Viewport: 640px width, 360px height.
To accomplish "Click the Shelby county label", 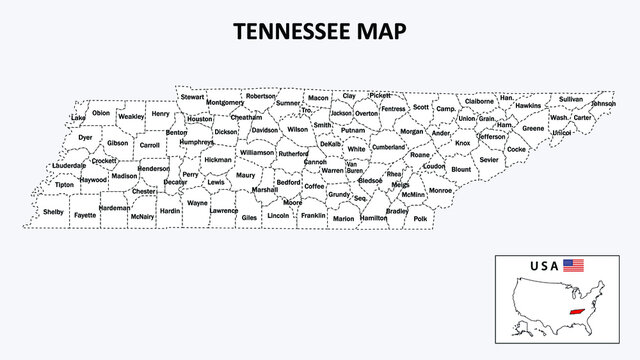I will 53,212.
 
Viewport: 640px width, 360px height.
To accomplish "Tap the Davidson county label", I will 265,130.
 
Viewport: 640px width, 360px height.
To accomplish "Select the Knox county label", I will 462,143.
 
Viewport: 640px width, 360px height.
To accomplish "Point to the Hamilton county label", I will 373,217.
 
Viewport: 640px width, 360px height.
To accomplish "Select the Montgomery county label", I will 225,102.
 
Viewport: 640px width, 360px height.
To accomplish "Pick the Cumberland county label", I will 388,147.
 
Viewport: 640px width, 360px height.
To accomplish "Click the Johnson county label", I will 603,103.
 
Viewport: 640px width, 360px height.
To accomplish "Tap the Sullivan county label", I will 571,99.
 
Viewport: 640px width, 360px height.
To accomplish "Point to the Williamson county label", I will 257,153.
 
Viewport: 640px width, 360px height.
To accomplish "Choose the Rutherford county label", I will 294,154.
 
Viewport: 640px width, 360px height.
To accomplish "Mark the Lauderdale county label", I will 69,165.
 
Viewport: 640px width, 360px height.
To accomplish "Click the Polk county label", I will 420,217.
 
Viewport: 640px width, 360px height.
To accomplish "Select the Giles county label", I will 249,217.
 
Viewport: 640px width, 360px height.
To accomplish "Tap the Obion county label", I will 101,113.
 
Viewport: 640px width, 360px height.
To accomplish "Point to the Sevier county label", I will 489,159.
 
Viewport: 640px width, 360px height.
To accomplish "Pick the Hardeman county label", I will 114,208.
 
